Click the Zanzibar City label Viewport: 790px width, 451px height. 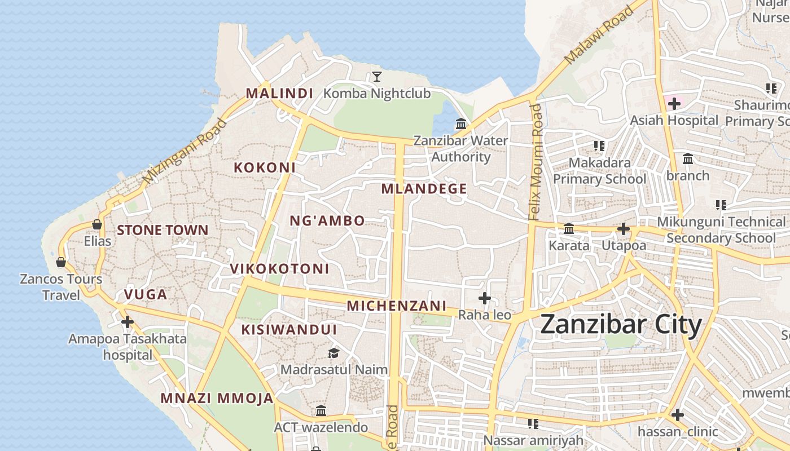pos(621,325)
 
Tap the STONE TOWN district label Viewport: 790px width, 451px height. pos(163,230)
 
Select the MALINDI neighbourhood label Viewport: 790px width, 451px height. pos(279,93)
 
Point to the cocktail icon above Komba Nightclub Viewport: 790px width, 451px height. pos(377,76)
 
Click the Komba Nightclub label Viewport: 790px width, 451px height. pos(377,93)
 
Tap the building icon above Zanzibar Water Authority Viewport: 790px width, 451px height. pos(461,123)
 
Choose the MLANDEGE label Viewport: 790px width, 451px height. pos(424,189)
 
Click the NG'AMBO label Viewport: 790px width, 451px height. pos(327,220)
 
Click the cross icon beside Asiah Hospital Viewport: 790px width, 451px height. pos(674,103)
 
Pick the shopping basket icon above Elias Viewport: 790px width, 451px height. pos(97,224)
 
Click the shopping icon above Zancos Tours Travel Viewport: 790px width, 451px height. pos(61,262)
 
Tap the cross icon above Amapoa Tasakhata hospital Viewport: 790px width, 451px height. pos(128,322)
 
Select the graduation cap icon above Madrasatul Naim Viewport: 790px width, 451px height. pos(334,353)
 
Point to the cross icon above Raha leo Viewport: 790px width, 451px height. pos(485,298)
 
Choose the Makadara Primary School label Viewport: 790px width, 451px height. pos(599,171)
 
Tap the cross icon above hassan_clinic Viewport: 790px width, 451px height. pos(678,415)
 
